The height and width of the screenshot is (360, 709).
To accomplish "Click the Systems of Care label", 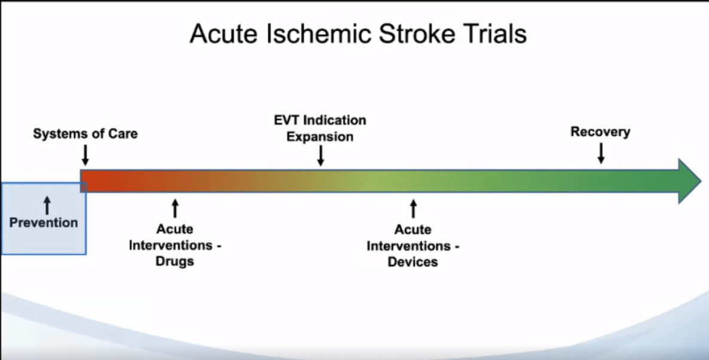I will pos(85,133).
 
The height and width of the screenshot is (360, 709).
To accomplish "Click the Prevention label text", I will pos(44,222).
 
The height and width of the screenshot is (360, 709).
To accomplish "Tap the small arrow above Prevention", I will pos(47,205).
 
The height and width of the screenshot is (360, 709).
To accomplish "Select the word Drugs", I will pos(174,261).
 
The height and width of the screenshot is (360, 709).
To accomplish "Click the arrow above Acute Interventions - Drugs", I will pos(175,208).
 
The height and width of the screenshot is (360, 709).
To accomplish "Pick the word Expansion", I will pos(320,136).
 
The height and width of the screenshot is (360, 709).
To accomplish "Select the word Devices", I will pos(412,262).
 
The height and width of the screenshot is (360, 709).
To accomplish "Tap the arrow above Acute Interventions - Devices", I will pos(412,209).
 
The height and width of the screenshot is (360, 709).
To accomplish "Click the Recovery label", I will pos(600,132).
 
